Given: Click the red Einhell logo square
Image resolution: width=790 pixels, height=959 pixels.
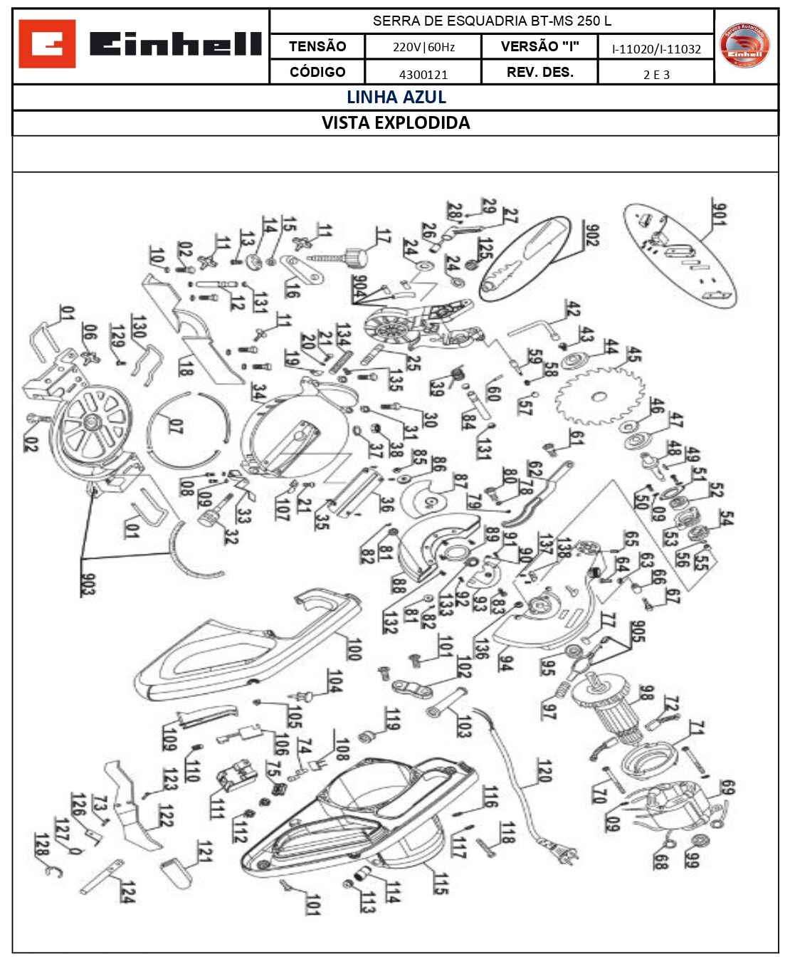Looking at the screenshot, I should point(47,44).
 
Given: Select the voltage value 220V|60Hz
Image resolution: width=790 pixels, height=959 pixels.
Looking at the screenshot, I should point(423,47).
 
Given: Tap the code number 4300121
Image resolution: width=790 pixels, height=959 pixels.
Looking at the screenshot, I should point(423,74).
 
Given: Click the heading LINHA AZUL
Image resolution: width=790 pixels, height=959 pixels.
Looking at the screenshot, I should point(396,98).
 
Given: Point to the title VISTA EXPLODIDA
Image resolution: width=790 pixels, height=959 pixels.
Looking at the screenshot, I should point(396,122).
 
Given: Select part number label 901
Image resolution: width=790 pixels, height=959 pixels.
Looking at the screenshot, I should point(719,214).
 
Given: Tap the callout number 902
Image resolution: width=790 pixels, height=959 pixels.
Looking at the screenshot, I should point(591,235).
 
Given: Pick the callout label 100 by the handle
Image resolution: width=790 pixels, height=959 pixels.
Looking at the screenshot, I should point(354,649).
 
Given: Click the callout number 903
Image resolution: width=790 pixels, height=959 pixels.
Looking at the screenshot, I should point(87,584).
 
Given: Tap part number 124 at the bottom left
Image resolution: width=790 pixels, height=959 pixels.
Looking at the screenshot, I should point(127,891).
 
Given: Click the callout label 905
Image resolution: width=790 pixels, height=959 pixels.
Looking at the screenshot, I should point(638,632).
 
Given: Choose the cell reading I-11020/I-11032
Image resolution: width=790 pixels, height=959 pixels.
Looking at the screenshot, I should point(656,49).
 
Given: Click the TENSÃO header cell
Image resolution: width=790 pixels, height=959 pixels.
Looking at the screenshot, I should point(317,46).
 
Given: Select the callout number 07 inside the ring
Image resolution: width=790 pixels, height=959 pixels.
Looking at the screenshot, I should point(176,426).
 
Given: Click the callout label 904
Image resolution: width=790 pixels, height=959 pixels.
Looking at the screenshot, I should point(359,287).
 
